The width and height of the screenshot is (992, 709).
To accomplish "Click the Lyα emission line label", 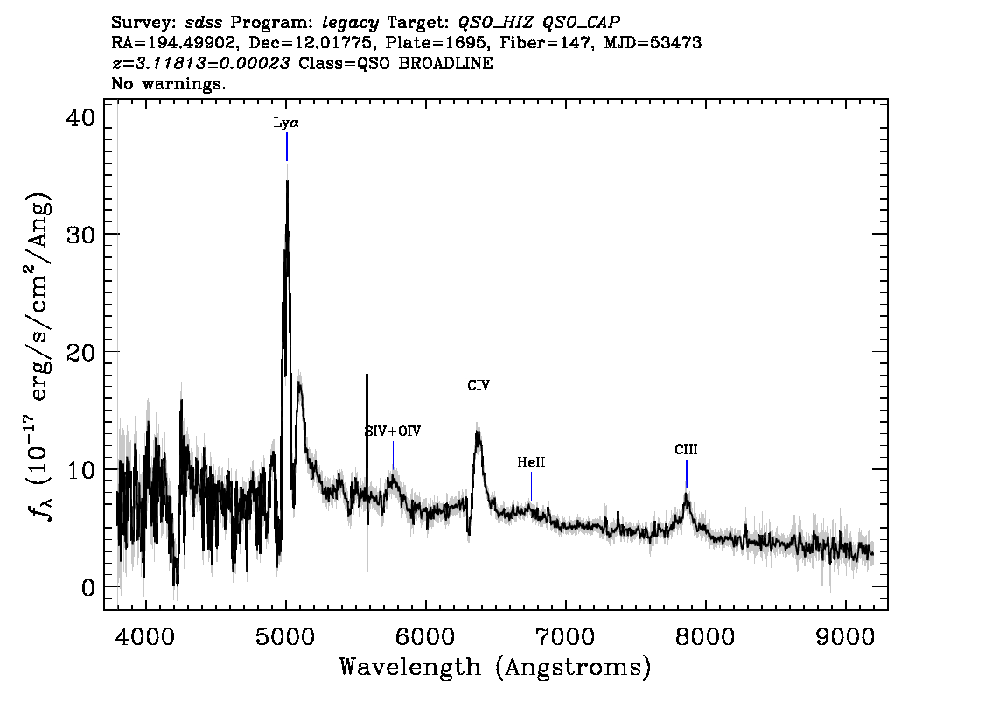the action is pyautogui.click(x=286, y=123).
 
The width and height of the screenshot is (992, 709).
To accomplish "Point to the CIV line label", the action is pyautogui.click(x=479, y=385).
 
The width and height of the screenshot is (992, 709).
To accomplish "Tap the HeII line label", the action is pyautogui.click(x=531, y=462).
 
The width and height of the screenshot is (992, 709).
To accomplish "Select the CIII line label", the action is pyautogui.click(x=686, y=449).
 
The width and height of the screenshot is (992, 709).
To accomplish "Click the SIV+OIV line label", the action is pyautogui.click(x=393, y=432).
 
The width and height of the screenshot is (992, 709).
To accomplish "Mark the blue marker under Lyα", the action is pyautogui.click(x=287, y=147).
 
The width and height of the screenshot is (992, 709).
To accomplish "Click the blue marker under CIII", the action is pyautogui.click(x=687, y=474).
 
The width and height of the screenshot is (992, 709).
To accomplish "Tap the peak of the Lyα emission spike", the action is pyautogui.click(x=287, y=182).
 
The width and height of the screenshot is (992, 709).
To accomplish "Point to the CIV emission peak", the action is pyautogui.click(x=479, y=432).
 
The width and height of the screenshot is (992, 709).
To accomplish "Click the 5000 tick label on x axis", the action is pyautogui.click(x=285, y=636).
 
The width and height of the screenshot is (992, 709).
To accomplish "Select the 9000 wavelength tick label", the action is pyautogui.click(x=844, y=636).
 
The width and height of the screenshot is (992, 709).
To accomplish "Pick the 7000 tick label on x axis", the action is pyautogui.click(x=565, y=636).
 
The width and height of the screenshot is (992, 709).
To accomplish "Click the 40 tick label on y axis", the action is pyautogui.click(x=80, y=118).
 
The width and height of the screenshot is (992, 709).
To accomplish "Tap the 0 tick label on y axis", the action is pyautogui.click(x=88, y=587).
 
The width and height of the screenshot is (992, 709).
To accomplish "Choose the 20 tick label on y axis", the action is pyautogui.click(x=80, y=352).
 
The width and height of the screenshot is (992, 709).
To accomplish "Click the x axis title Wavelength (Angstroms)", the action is pyautogui.click(x=495, y=667).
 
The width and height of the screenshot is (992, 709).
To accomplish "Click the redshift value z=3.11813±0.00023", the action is pyautogui.click(x=200, y=63).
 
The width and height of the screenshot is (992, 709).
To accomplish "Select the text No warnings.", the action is pyautogui.click(x=168, y=83).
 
